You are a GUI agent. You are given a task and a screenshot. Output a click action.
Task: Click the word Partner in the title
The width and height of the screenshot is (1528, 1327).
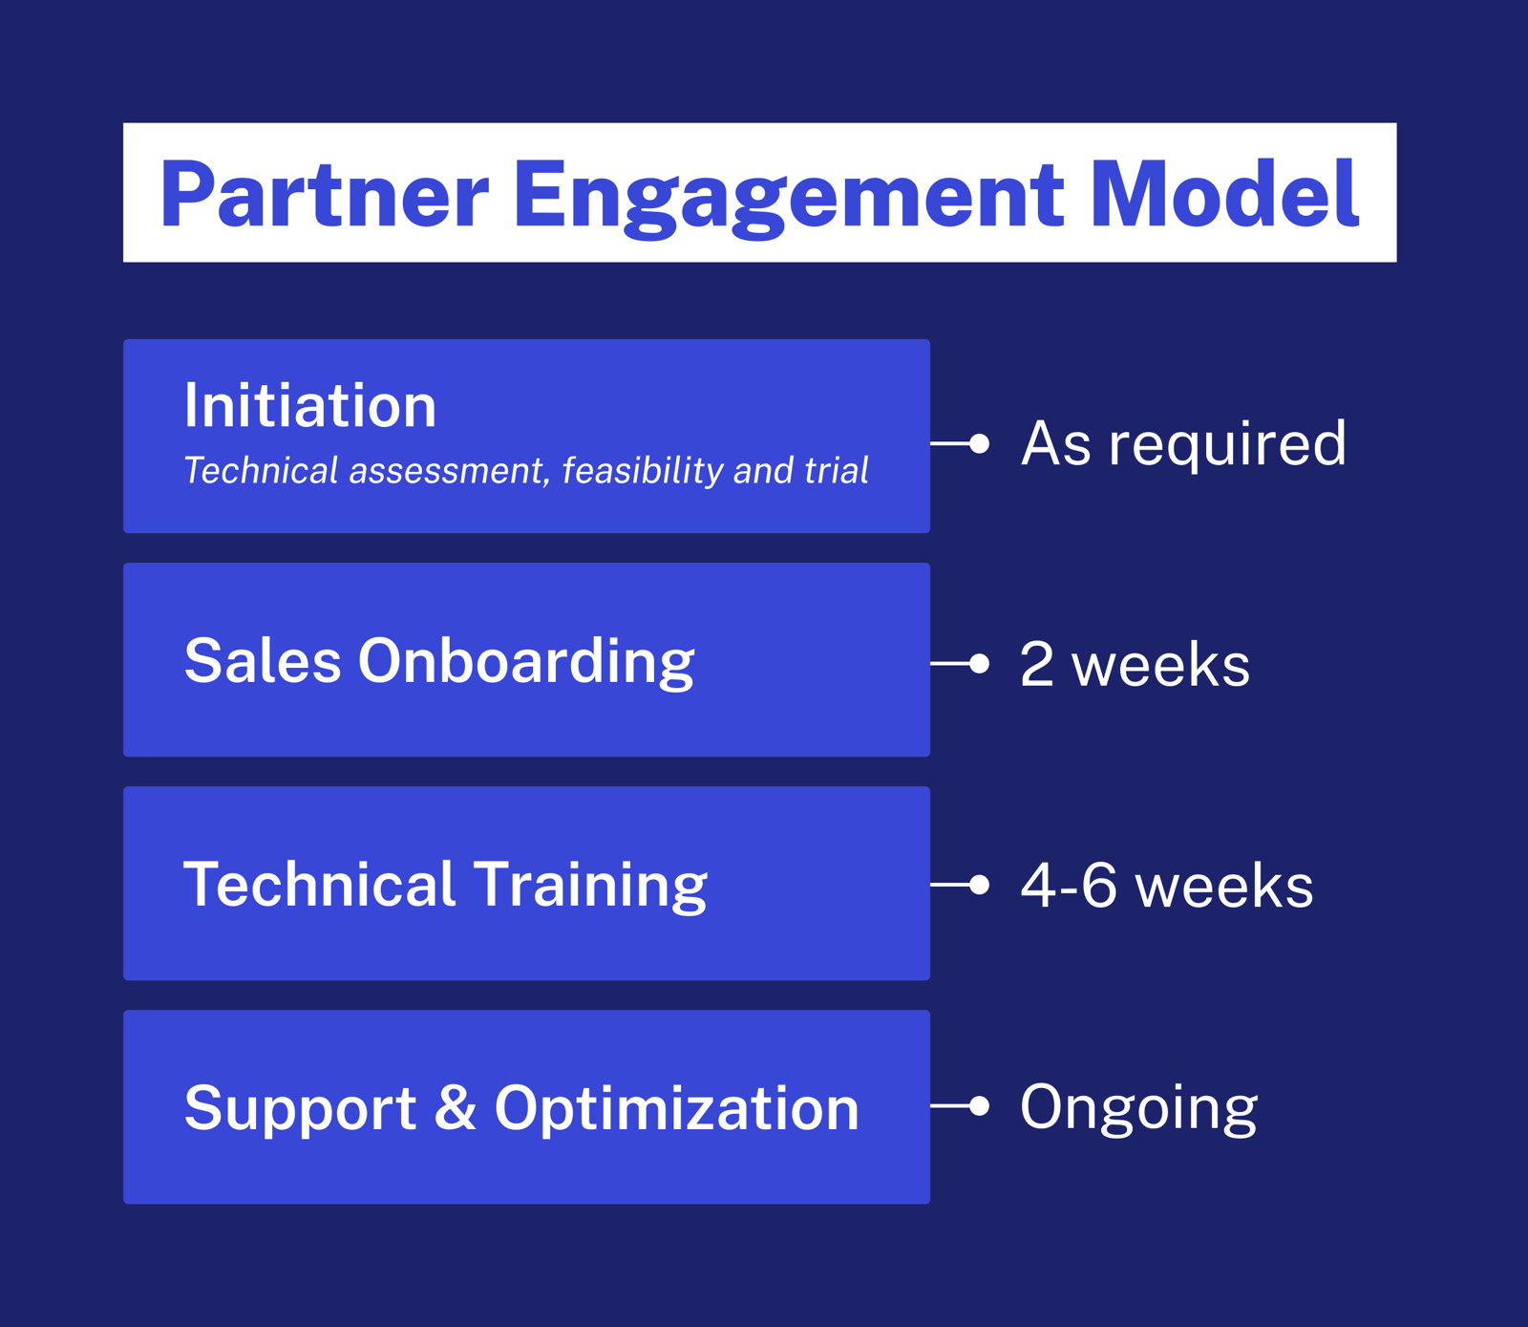pyautogui.click(x=324, y=195)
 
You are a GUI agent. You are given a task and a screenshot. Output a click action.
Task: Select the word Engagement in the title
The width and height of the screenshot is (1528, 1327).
pyautogui.click(x=788, y=197)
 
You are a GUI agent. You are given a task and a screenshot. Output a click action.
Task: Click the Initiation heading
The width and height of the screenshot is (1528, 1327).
pyautogui.click(x=310, y=406)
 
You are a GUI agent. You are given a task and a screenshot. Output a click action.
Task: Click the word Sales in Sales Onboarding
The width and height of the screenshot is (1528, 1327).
pyautogui.click(x=263, y=660)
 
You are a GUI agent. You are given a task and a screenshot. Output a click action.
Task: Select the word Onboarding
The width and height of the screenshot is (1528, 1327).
pyautogui.click(x=526, y=662)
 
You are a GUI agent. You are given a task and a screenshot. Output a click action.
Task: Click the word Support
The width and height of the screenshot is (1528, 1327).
pyautogui.click(x=300, y=1108)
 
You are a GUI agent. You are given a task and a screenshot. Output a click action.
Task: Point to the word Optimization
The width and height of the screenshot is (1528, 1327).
pyautogui.click(x=676, y=1108)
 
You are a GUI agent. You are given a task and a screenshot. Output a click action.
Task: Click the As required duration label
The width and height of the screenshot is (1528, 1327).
pyautogui.click(x=1183, y=443)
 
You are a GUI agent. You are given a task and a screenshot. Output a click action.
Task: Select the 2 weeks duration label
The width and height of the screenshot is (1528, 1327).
pyautogui.click(x=1135, y=664)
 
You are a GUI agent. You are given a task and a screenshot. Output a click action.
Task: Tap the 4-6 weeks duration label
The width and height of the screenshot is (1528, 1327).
pyautogui.click(x=1167, y=885)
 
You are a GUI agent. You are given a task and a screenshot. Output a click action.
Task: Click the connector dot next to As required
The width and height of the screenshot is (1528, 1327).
pyautogui.click(x=979, y=443)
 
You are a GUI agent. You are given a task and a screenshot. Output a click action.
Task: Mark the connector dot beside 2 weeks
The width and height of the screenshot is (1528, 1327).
pyautogui.click(x=979, y=664)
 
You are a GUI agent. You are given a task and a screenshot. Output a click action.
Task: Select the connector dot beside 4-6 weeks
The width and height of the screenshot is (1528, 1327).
pyautogui.click(x=979, y=885)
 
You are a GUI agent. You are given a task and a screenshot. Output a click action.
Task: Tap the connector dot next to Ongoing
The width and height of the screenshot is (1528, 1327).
pyautogui.click(x=979, y=1106)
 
